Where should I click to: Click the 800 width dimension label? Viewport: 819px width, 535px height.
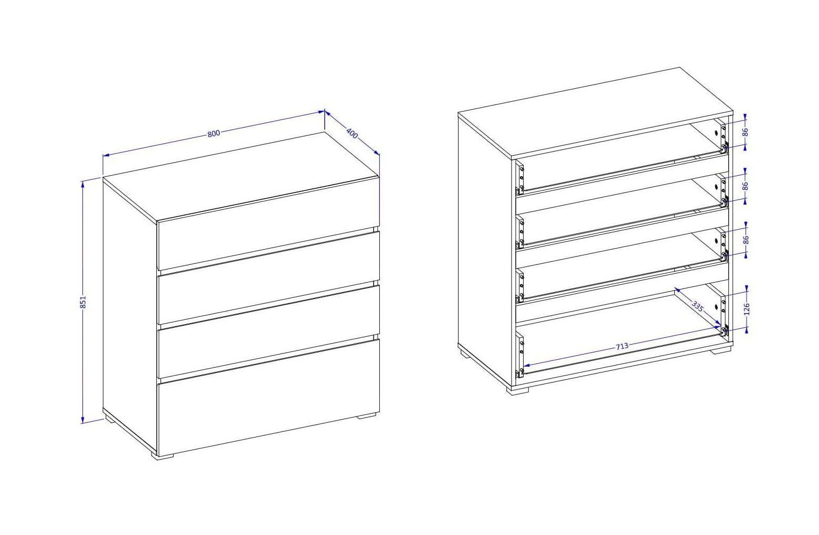(x=214, y=133)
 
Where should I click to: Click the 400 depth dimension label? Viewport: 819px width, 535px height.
(x=352, y=133)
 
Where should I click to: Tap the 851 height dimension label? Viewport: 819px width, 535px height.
(x=83, y=302)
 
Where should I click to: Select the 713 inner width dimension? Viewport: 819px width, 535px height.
(x=622, y=346)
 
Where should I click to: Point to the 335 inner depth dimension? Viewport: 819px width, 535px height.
(x=697, y=306)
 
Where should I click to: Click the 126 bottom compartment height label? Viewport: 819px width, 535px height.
(x=747, y=309)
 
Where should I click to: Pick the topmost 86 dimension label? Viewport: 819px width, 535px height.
(x=746, y=132)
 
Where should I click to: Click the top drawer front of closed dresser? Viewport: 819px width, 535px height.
(x=268, y=223)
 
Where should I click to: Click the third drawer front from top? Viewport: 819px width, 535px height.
(x=269, y=331)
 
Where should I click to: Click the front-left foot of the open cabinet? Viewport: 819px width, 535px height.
(x=518, y=390)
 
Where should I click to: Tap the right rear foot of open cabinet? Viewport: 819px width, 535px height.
(x=721, y=350)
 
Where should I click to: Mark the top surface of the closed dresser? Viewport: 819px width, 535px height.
(x=241, y=177)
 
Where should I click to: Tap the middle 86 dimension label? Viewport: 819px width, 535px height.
(x=746, y=186)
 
